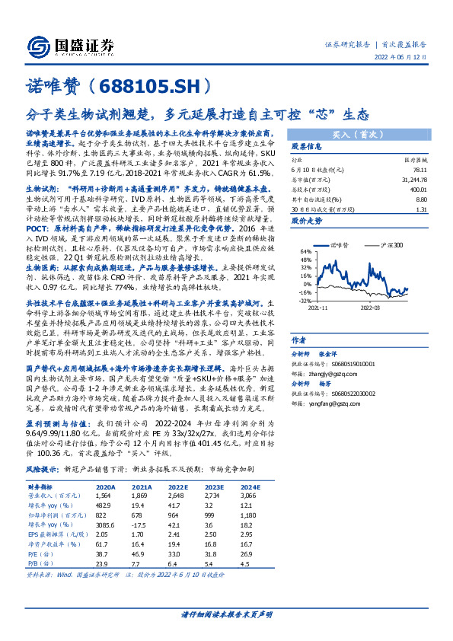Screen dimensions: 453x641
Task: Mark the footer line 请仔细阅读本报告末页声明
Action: [226, 613]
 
